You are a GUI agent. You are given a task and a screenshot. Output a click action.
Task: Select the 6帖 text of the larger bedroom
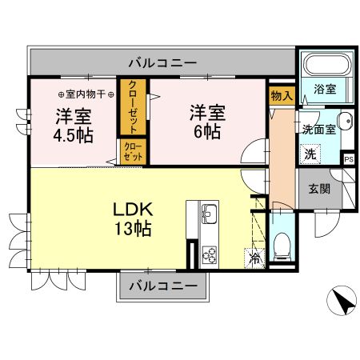tap(206, 132)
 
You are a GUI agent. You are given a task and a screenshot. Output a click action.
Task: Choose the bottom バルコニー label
tap(162, 286)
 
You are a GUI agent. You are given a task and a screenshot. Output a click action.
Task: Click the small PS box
tap(348, 159)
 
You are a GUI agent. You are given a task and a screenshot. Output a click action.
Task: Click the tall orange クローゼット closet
tap(131, 107)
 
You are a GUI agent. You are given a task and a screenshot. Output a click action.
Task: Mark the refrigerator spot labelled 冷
tap(254, 259)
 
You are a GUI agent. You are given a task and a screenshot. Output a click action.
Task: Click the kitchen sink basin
tap(209, 214)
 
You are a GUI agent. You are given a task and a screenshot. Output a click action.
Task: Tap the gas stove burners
tap(209, 254)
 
